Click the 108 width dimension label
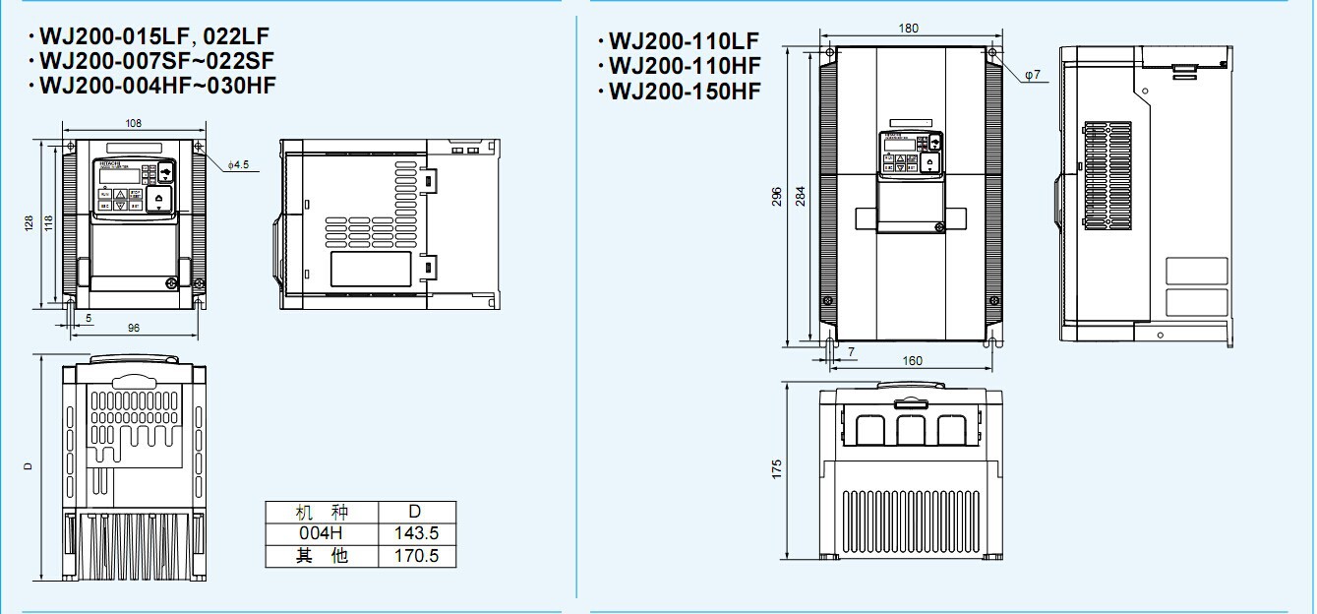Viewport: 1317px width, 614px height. (x=134, y=123)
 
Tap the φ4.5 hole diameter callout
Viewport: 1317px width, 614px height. (x=239, y=163)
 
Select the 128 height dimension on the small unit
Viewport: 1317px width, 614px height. (x=29, y=224)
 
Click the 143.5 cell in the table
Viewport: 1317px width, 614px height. (x=416, y=533)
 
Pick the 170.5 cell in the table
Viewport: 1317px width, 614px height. (x=416, y=556)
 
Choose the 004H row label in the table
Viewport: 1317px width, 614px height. (x=322, y=533)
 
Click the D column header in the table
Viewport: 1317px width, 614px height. (x=415, y=512)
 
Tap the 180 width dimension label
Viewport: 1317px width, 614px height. (x=909, y=29)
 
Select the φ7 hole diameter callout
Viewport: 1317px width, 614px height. (x=1032, y=75)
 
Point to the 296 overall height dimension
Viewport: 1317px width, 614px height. (x=778, y=198)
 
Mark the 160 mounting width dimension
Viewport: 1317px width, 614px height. (x=912, y=361)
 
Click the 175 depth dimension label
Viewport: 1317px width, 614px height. (x=777, y=469)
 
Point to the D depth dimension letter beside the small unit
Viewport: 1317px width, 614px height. (x=29, y=466)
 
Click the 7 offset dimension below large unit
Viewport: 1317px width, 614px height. (x=850, y=351)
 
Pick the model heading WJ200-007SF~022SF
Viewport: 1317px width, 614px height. (x=156, y=61)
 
